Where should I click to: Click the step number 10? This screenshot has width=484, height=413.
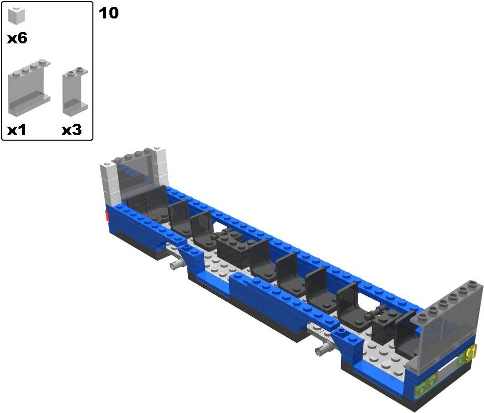(x=108, y=13)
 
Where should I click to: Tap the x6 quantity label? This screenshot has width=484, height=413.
(x=17, y=38)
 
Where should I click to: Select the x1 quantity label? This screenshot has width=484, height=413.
(x=16, y=130)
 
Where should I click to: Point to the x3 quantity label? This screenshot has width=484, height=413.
(x=71, y=130)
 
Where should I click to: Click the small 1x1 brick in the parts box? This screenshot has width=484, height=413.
(x=16, y=15)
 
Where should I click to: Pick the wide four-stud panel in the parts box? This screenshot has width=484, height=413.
(x=29, y=88)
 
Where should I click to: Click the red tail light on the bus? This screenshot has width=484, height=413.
(x=107, y=216)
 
